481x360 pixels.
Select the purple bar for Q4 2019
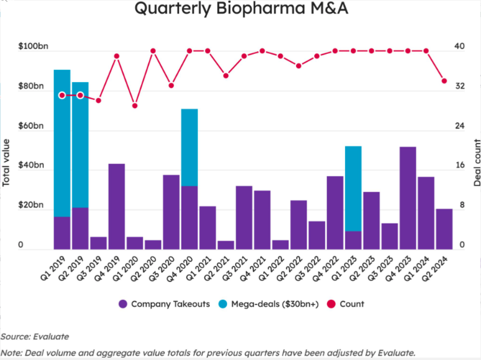[x=116, y=207]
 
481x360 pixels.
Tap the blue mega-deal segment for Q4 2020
[x=189, y=147]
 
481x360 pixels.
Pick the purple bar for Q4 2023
[x=408, y=198]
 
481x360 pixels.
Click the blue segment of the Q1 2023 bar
[x=353, y=188]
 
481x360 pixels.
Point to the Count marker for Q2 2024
[x=444, y=81]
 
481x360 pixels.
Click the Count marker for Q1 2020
[x=135, y=106]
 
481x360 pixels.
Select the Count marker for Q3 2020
[x=171, y=85]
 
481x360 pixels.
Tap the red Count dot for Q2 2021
[x=226, y=76]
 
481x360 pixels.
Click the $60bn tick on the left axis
[x=31, y=126]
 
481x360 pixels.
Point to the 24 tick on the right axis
[x=460, y=126]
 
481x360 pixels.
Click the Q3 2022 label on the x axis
[x=308, y=269]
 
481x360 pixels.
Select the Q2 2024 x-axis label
[x=435, y=269]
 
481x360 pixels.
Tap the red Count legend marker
[x=331, y=304]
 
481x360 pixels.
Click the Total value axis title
[x=6, y=163]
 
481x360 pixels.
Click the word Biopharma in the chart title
[x=261, y=8]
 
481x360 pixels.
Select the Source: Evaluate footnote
[x=35, y=337]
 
